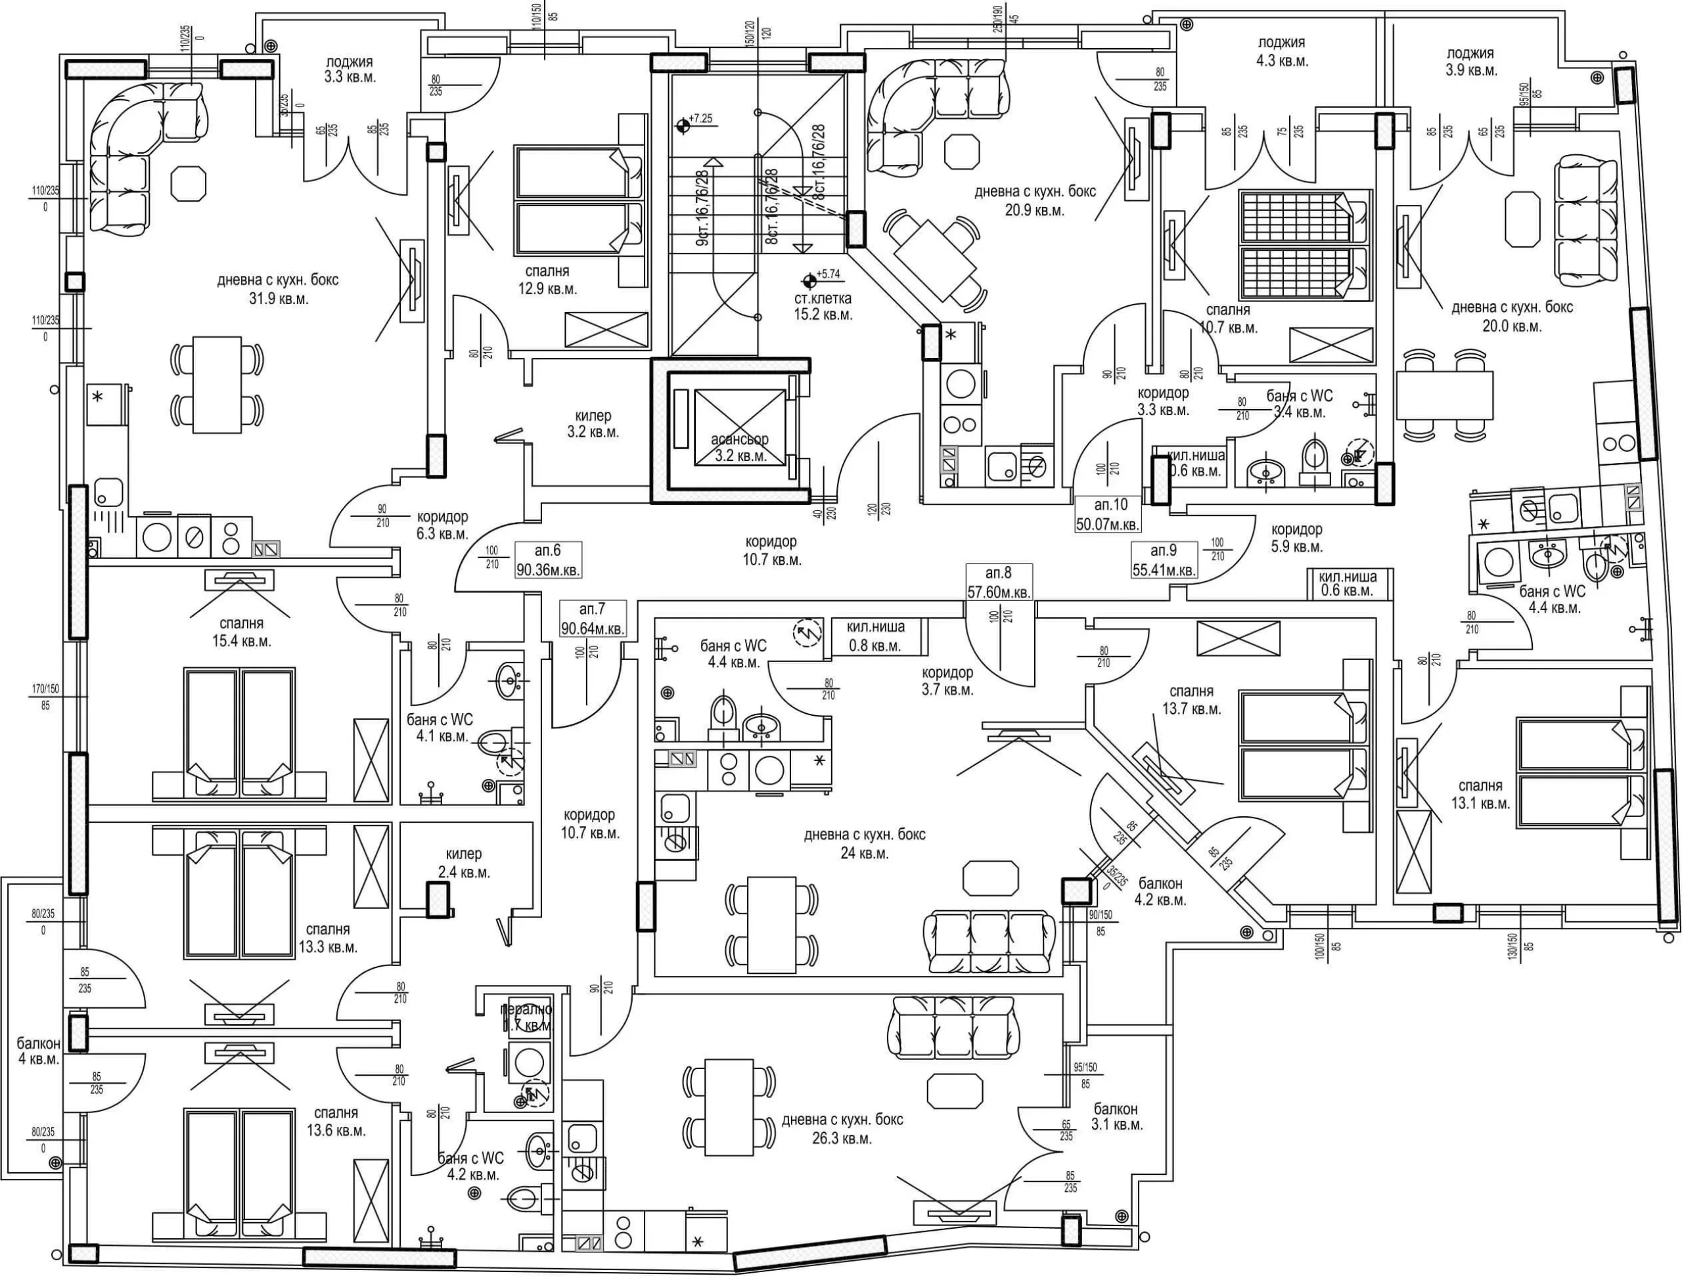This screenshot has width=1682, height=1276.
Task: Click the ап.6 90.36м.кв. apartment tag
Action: click(x=548, y=560)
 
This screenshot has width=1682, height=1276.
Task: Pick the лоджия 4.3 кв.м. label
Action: click(x=1282, y=52)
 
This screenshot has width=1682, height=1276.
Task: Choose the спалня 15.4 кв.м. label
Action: click(x=242, y=632)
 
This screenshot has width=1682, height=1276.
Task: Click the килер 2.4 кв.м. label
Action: click(x=464, y=862)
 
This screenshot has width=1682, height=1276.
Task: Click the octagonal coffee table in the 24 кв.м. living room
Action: click(x=990, y=879)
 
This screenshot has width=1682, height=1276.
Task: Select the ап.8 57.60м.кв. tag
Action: click(x=999, y=582)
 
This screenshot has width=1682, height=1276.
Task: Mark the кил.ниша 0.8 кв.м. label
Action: click(x=876, y=636)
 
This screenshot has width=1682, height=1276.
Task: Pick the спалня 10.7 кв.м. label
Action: click(x=1228, y=319)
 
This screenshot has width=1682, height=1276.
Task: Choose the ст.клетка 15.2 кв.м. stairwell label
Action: click(x=823, y=306)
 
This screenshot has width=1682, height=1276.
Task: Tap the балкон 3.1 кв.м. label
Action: click(x=1116, y=1116)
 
